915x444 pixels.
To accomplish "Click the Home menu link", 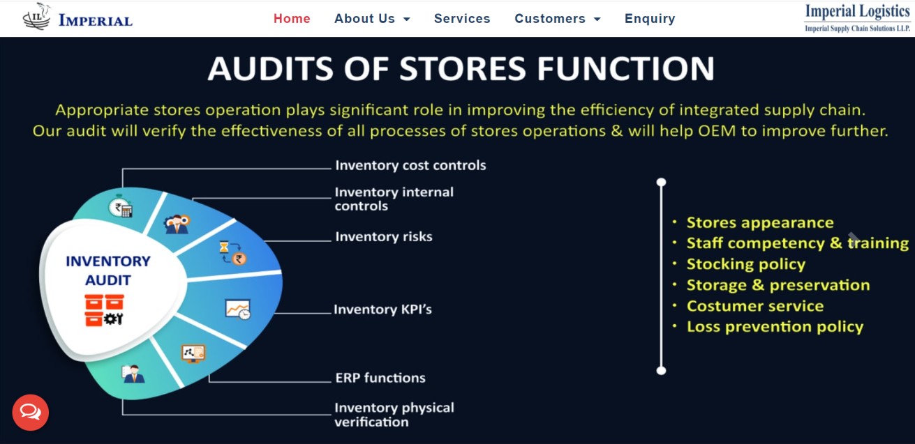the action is click(x=292, y=18).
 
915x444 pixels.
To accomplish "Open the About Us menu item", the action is click(x=372, y=18).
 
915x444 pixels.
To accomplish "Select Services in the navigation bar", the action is click(x=462, y=18).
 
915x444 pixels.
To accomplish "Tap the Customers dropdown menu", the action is click(x=558, y=18).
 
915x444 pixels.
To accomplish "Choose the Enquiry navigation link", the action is click(x=650, y=19).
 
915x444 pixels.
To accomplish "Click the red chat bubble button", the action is click(x=31, y=412).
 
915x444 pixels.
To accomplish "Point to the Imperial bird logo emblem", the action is click(x=37, y=16).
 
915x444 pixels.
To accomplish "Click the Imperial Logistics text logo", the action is click(x=857, y=17).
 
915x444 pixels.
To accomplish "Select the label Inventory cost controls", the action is click(x=410, y=165).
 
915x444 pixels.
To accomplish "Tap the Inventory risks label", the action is click(x=384, y=236).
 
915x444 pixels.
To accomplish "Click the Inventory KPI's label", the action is click(x=382, y=309).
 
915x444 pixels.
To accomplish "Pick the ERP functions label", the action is click(x=380, y=378).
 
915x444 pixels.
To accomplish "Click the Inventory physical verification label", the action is click(x=394, y=415).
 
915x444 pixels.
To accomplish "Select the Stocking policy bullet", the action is click(x=746, y=264).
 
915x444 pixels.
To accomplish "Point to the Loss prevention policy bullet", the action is click(x=775, y=326).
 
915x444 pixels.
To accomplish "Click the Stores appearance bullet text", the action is click(x=760, y=222).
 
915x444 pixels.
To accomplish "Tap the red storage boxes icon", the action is click(x=104, y=310).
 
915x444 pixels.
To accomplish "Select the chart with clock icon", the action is click(x=238, y=309).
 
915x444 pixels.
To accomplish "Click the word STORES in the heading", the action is click(x=463, y=68).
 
